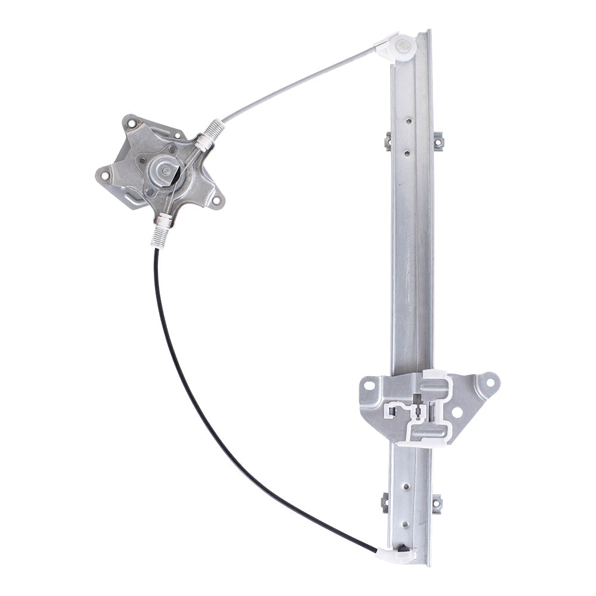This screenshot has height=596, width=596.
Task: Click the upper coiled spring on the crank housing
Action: [215, 128]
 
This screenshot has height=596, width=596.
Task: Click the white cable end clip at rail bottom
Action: [396, 556]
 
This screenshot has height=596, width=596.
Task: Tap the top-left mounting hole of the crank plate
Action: [132, 124]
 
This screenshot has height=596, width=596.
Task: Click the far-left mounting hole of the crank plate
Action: [105, 175]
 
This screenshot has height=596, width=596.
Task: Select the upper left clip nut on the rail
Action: [387, 141]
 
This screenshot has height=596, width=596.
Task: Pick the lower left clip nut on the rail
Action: [385, 503]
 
